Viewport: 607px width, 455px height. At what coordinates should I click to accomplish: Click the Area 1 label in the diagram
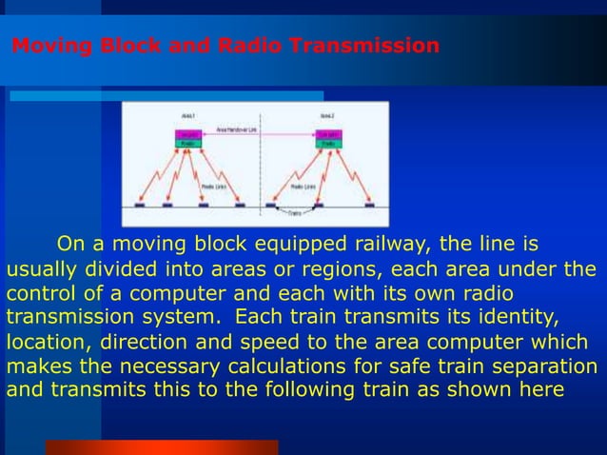(188, 115)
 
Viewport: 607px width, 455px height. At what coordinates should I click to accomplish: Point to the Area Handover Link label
(237, 129)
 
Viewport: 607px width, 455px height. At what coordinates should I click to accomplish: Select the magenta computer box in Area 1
(188, 135)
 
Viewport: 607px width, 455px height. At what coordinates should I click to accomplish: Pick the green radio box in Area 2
(329, 145)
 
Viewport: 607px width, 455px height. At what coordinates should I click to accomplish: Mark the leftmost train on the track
(139, 205)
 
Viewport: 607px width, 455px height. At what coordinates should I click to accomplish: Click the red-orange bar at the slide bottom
(162, 446)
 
